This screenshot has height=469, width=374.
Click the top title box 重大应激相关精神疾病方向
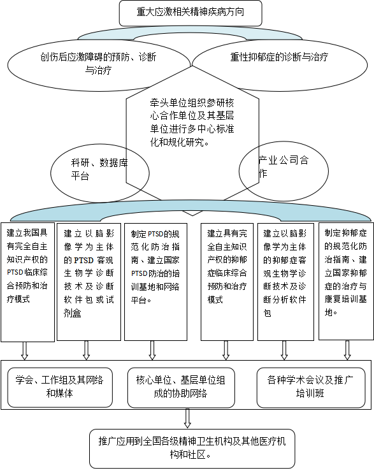191,13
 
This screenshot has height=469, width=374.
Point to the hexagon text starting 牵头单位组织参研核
192,122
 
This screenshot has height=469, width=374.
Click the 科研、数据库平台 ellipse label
99,170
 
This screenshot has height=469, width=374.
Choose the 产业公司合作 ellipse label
284,166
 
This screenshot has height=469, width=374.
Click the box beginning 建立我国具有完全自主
27,282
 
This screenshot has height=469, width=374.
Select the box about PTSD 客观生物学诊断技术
89,282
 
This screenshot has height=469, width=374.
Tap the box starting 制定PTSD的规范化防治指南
155,282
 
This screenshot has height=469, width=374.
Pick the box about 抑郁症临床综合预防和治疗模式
227,282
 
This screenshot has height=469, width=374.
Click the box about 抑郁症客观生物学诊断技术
285,282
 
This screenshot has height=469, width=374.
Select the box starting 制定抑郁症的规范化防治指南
346,281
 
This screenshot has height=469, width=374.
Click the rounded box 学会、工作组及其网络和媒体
60,387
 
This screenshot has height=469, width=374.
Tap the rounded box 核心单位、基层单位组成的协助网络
181,387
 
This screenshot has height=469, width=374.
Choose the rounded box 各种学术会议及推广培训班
311,387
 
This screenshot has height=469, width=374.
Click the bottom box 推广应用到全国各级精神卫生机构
192,449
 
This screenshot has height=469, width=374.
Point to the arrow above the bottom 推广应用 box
187,418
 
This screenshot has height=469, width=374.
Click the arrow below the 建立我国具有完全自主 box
24,350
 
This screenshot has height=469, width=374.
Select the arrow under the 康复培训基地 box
347,350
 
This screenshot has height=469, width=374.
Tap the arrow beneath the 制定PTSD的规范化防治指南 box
152,350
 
